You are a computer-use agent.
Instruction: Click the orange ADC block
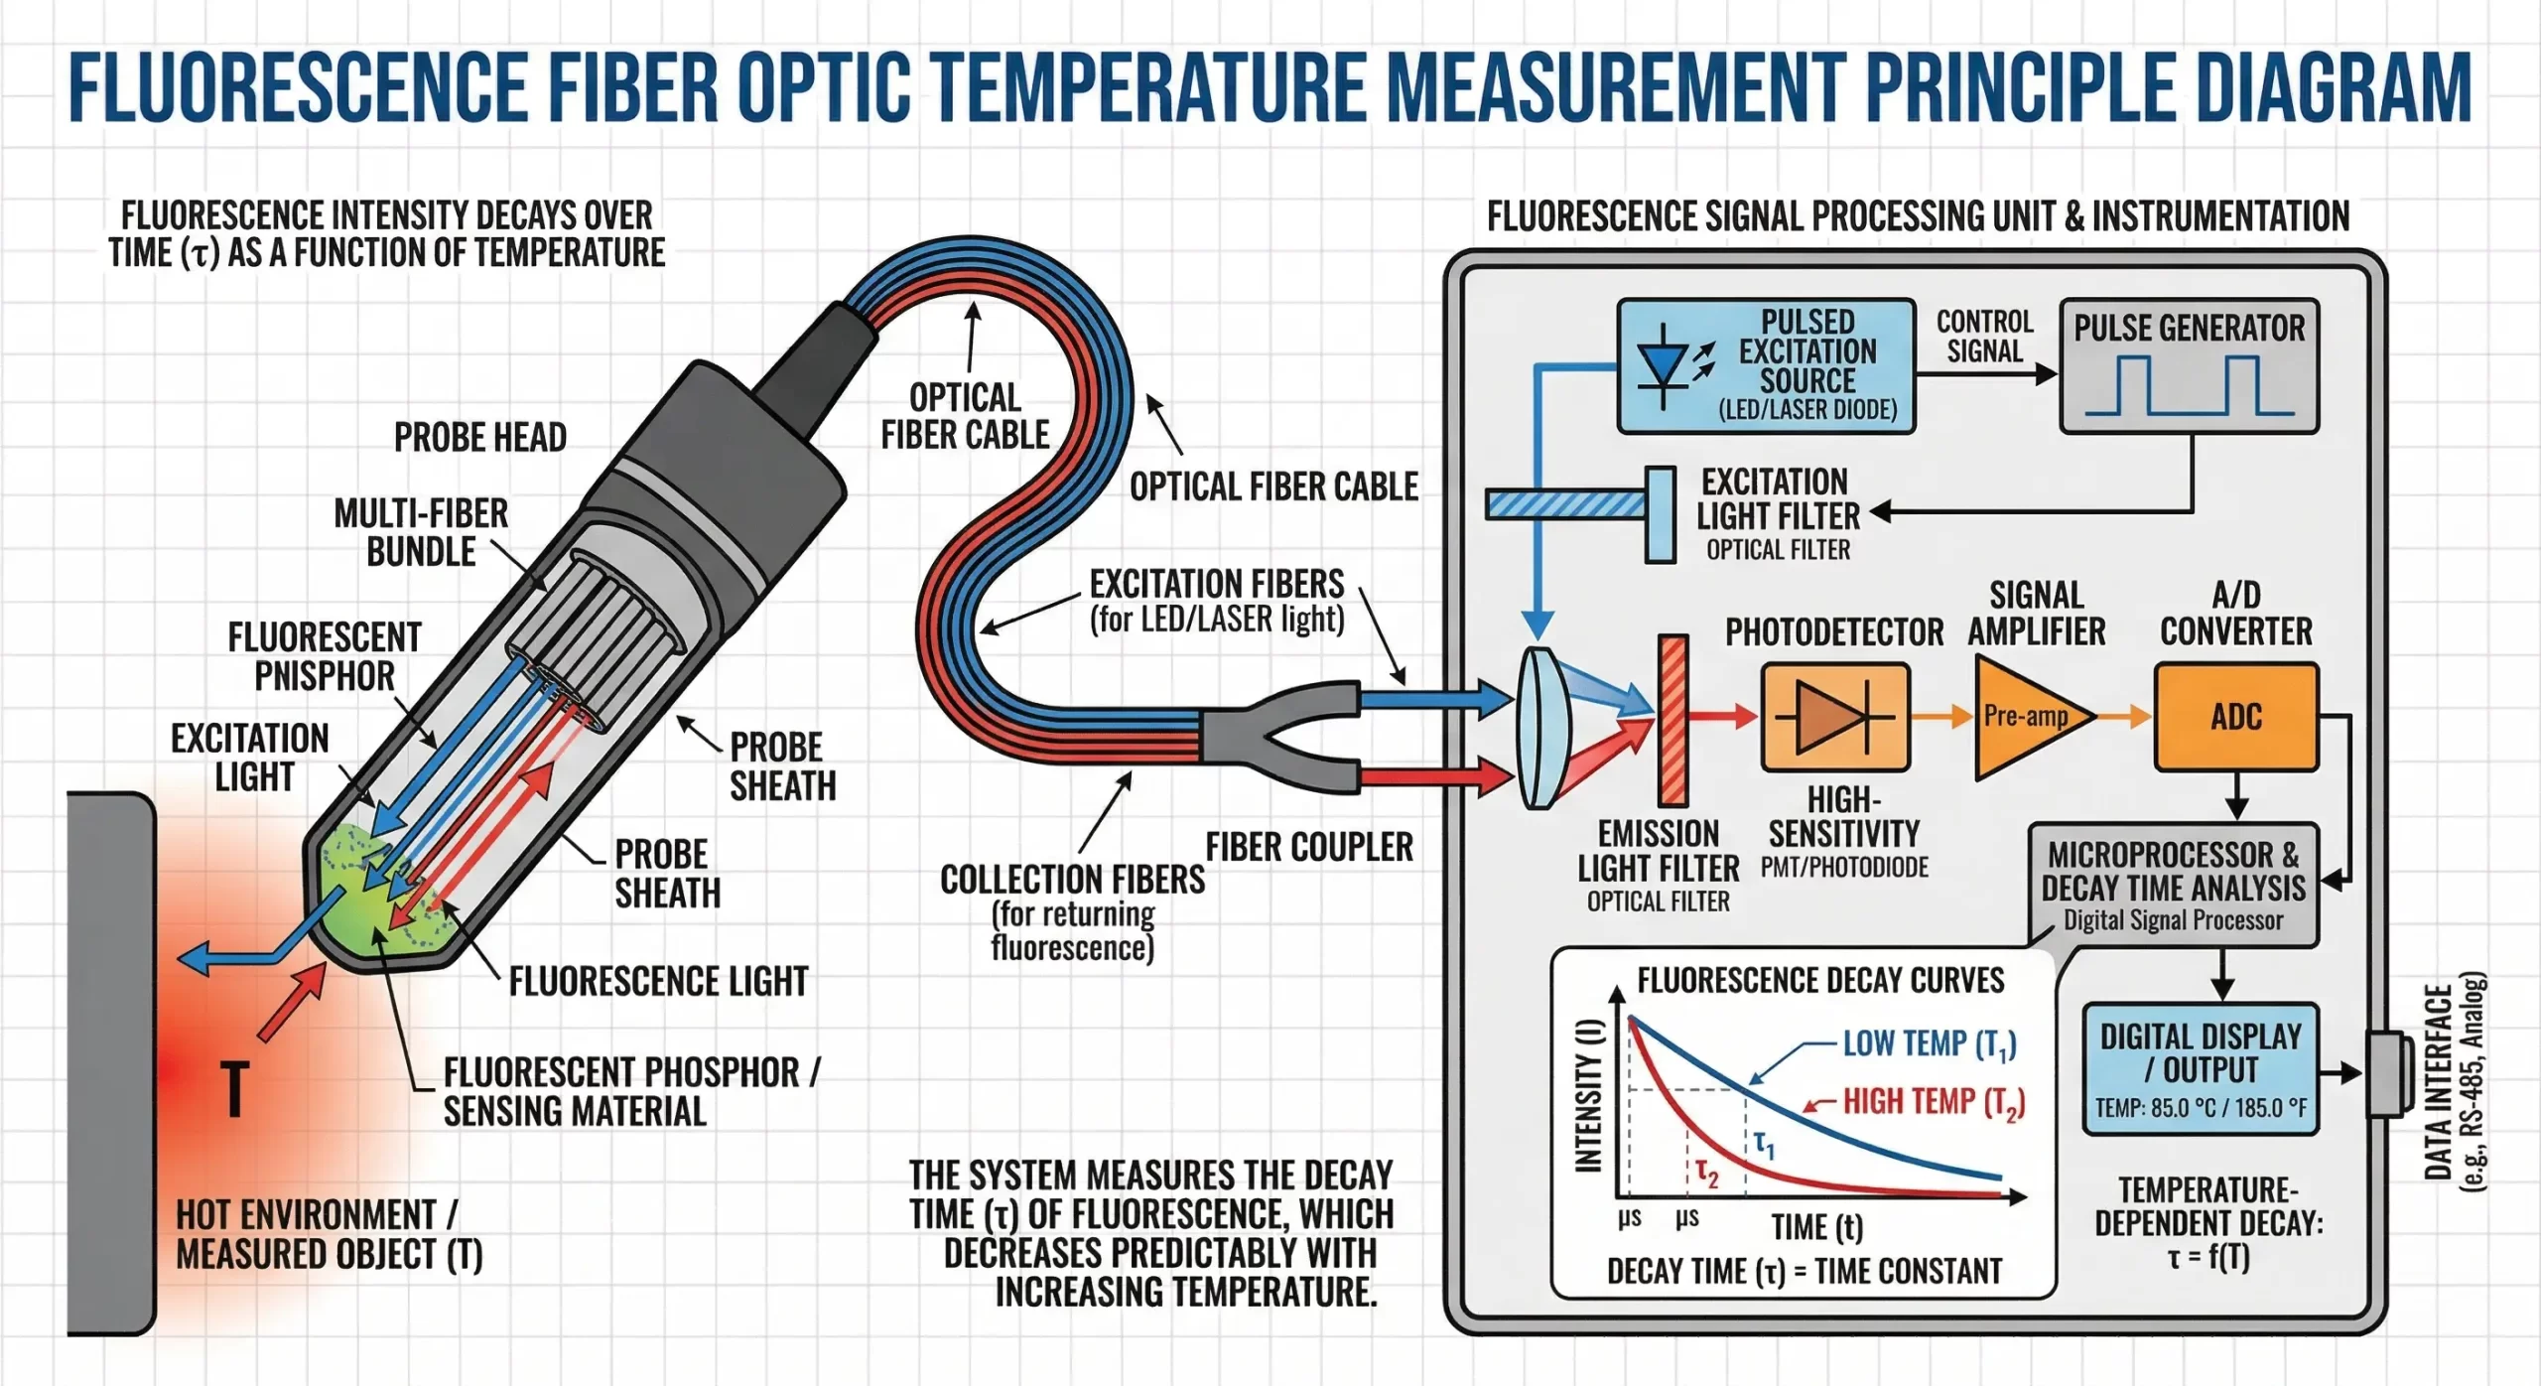[x=2235, y=717]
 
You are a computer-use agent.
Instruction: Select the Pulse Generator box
[x=2189, y=365]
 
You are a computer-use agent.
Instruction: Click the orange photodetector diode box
[x=1834, y=717]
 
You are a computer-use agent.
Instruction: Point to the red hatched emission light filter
[x=1673, y=720]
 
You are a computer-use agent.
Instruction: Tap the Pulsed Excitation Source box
[x=1766, y=365]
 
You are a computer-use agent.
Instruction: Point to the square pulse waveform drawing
[x=2189, y=387]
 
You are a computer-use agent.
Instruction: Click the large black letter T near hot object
[x=234, y=1088]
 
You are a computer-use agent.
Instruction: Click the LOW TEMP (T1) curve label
[x=1929, y=1043]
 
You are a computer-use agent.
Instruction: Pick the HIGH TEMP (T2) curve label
[x=1933, y=1102]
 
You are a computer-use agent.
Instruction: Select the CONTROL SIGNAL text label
[x=1984, y=337]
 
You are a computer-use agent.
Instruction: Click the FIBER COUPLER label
[x=1308, y=847]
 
